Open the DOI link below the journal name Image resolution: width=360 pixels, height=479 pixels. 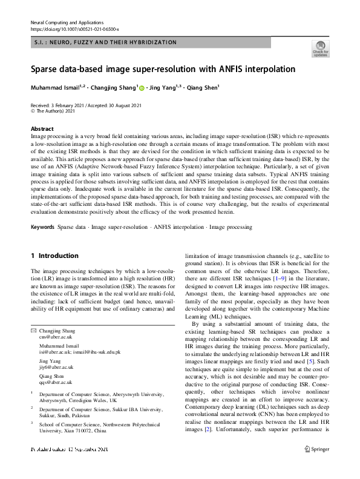[x=74, y=29]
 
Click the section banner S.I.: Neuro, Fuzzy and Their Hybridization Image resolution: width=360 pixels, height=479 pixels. [x=103, y=42]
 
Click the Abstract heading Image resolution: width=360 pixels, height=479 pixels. [x=42, y=129]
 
